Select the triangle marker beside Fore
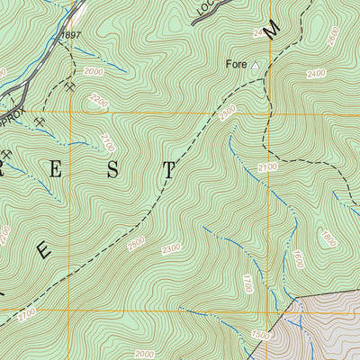tap(255, 66)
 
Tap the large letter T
tap(167, 168)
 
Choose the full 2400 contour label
tap(339, 74)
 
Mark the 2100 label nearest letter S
tap(109, 141)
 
